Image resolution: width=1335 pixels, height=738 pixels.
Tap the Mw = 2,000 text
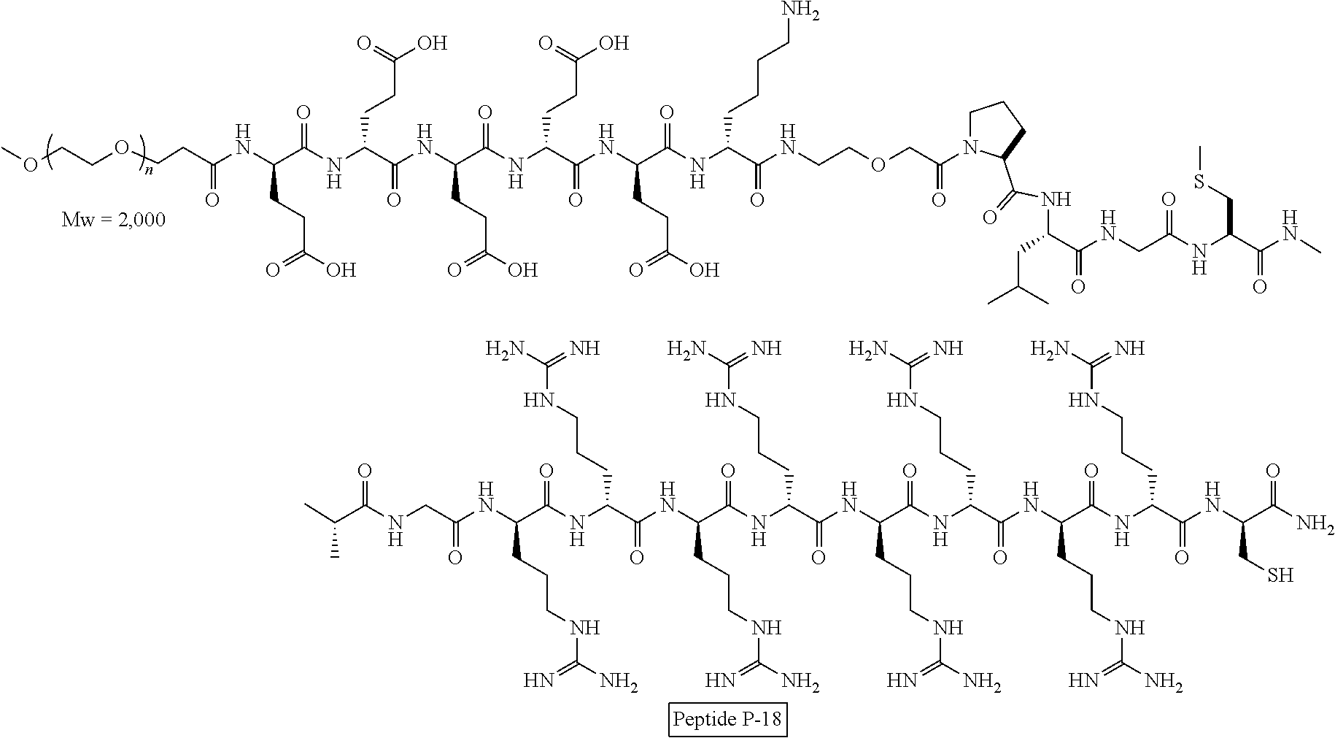[x=114, y=219]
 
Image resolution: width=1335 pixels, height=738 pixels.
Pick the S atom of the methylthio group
[x=1197, y=180]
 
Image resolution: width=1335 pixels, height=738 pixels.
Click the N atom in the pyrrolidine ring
[x=970, y=150]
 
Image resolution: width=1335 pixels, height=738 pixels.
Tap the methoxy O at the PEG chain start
[x=29, y=165]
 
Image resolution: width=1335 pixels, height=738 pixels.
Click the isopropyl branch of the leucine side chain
[x=1018, y=295]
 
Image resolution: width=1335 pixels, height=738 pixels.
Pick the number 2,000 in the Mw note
[x=140, y=219]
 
